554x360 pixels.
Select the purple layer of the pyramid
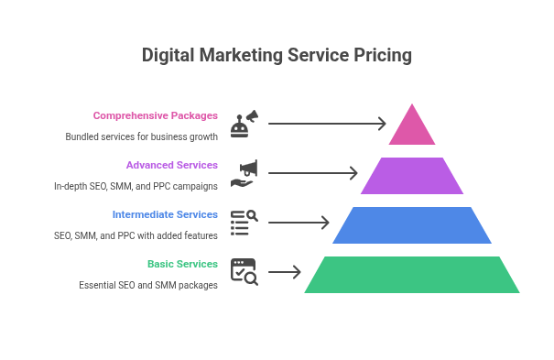(412, 176)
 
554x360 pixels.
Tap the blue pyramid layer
(412, 225)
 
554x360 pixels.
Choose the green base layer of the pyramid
(412, 275)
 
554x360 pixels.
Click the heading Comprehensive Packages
(156, 115)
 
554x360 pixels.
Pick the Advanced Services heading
(172, 165)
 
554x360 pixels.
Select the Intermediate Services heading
(165, 214)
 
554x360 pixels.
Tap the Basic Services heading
(182, 264)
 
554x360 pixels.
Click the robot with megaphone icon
(244, 124)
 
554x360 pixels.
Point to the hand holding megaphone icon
(244, 173)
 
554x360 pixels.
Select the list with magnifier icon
(244, 223)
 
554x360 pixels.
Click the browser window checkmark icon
(244, 272)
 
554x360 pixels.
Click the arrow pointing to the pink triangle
(327, 124)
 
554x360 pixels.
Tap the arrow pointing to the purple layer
(313, 173)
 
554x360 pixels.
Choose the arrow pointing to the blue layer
(299, 223)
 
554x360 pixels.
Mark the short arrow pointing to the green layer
(285, 272)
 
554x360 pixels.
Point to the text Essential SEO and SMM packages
(148, 285)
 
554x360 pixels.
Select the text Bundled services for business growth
(142, 136)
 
